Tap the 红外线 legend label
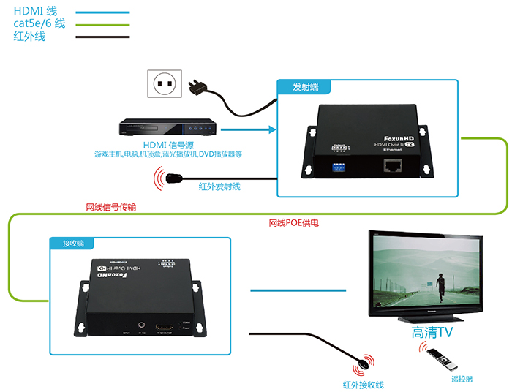(29, 36)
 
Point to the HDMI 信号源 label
(167, 144)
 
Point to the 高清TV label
(433, 333)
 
